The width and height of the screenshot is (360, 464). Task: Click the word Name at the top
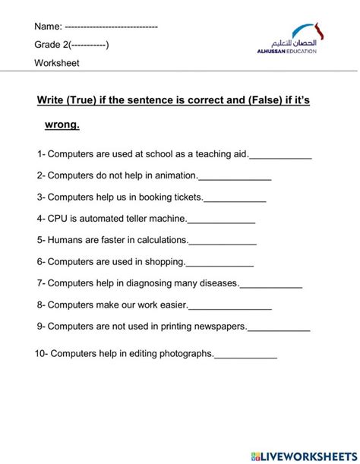point(48,27)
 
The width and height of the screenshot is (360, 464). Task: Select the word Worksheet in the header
point(57,63)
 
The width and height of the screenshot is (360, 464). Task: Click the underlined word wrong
point(62,124)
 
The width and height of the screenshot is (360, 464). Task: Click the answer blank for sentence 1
point(280,155)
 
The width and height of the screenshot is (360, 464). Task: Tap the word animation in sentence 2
point(174,175)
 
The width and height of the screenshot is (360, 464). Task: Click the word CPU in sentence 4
point(58,219)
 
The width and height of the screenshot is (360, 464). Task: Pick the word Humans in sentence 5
point(65,240)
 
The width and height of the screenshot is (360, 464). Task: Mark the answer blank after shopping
point(219,262)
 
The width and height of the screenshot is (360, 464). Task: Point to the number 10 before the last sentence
point(40,353)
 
